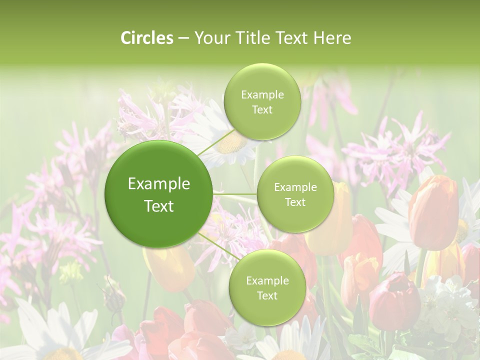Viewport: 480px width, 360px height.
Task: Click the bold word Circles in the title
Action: click(x=147, y=38)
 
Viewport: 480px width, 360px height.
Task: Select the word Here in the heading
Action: click(x=332, y=38)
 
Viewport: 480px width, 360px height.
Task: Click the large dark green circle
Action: click(x=159, y=194)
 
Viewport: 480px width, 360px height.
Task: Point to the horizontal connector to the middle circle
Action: click(x=235, y=194)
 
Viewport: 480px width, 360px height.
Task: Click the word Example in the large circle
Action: click(x=159, y=184)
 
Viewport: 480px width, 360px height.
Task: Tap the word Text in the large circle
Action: click(x=159, y=206)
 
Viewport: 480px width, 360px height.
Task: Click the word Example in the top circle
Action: click(x=262, y=95)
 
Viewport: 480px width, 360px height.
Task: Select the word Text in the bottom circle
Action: click(x=267, y=295)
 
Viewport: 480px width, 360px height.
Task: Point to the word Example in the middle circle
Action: click(x=295, y=187)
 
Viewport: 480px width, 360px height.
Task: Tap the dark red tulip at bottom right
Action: click(x=394, y=300)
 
